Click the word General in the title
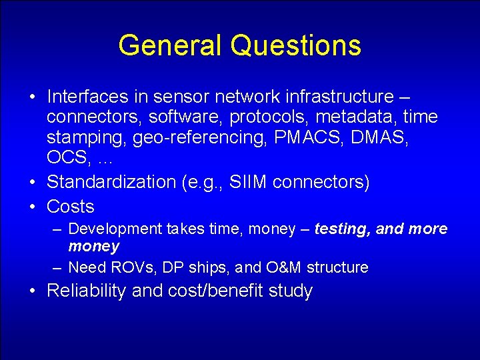click(x=169, y=45)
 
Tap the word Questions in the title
click(x=296, y=45)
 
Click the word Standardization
click(x=111, y=182)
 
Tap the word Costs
click(x=71, y=206)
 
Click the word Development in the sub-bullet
click(x=115, y=229)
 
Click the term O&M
click(x=285, y=267)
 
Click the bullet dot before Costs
click(x=33, y=207)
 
